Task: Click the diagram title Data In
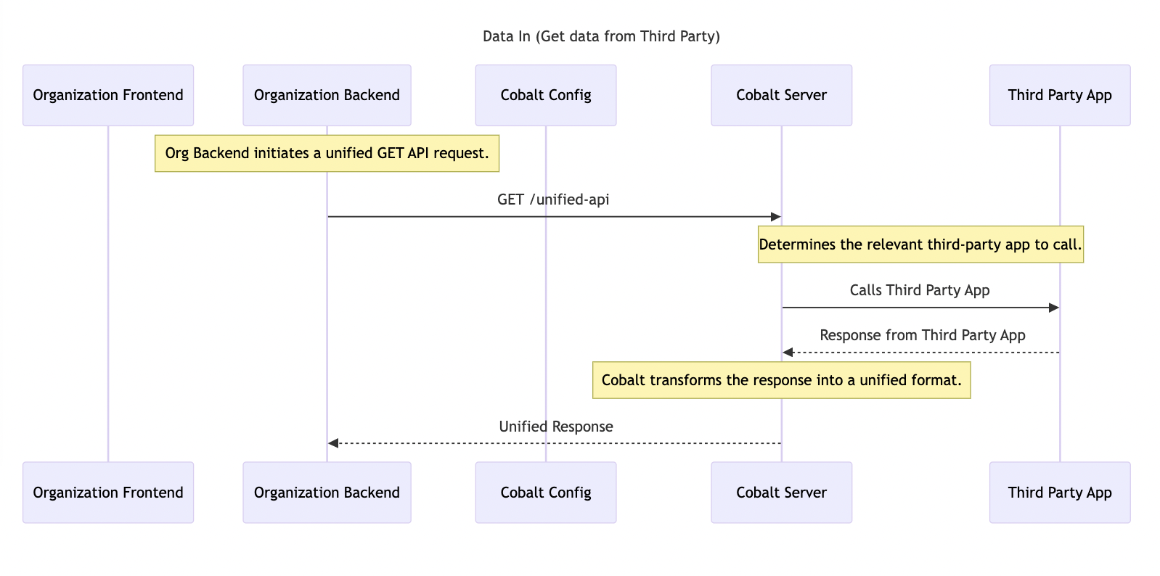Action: [x=601, y=36]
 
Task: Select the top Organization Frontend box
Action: [x=108, y=95]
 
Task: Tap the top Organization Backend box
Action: [x=327, y=95]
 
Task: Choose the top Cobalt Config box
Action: [x=546, y=95]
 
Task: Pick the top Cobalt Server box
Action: [x=781, y=95]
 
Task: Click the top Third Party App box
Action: [x=1059, y=95]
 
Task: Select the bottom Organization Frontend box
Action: [x=108, y=493]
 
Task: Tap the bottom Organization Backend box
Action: [x=327, y=493]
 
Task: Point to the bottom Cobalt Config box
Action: [x=546, y=493]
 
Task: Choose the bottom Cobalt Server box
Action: [x=781, y=493]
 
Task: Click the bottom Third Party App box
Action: [x=1059, y=493]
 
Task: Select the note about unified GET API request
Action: [x=327, y=153]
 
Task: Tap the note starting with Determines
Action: [x=920, y=244]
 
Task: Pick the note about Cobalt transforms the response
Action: [x=781, y=380]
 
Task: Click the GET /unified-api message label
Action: [x=553, y=199]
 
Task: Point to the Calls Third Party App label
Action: [x=920, y=290]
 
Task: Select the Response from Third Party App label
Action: [x=922, y=335]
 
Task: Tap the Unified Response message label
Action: [x=556, y=427]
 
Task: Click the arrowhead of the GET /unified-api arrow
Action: [x=775, y=217]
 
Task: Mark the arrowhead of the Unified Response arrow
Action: [x=333, y=443]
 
